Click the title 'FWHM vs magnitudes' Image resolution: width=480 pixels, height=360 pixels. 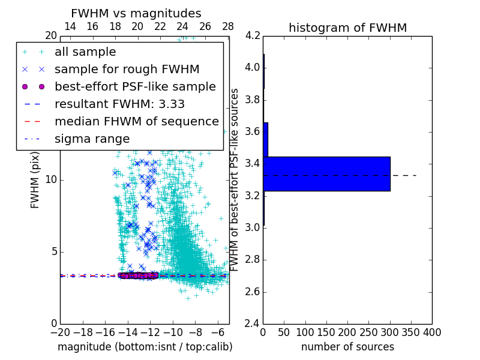tap(136, 13)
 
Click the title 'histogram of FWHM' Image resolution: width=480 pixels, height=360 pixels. tap(347, 28)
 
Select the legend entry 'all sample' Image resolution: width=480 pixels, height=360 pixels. tap(85, 52)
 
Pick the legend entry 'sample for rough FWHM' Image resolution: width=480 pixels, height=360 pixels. tap(127, 70)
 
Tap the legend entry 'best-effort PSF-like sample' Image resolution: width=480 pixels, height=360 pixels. tap(135, 86)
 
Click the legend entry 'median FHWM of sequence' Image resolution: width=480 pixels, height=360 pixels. tap(136, 121)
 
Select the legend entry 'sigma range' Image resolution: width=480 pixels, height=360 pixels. tap(92, 139)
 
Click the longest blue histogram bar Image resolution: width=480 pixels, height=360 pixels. tap(326, 174)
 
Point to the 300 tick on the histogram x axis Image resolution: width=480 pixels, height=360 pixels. tap(390, 332)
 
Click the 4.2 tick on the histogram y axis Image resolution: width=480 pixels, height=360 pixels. tap(252, 35)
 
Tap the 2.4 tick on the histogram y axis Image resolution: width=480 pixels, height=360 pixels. tap(252, 324)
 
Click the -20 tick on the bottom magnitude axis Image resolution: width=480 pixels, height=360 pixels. tap(60, 332)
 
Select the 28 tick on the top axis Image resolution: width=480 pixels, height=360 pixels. tap(228, 27)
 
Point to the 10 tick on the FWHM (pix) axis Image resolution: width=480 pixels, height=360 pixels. tap(52, 179)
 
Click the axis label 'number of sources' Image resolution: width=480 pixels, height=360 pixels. tap(347, 347)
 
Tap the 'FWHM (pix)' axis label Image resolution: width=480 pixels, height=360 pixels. tap(35, 179)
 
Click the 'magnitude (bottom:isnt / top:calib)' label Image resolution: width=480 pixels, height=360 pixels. tap(145, 347)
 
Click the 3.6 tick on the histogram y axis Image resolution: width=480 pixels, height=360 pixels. tap(252, 131)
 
